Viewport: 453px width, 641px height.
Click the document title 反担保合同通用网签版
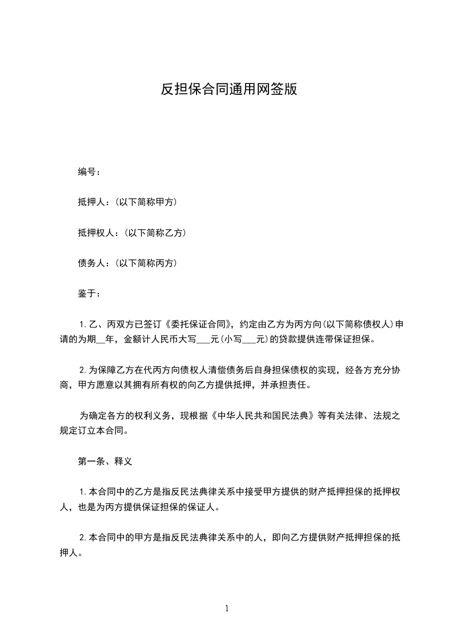pyautogui.click(x=228, y=90)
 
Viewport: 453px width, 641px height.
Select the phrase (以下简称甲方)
pyautogui.click(x=146, y=202)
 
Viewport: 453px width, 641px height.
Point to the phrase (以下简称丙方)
pyautogui.click(x=146, y=263)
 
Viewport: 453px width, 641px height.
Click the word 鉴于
pyautogui.click(x=86, y=294)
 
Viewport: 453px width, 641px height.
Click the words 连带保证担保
pyautogui.click(x=343, y=339)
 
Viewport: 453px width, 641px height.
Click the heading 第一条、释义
pyautogui.click(x=105, y=460)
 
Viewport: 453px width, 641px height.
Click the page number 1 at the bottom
pyautogui.click(x=227, y=608)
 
